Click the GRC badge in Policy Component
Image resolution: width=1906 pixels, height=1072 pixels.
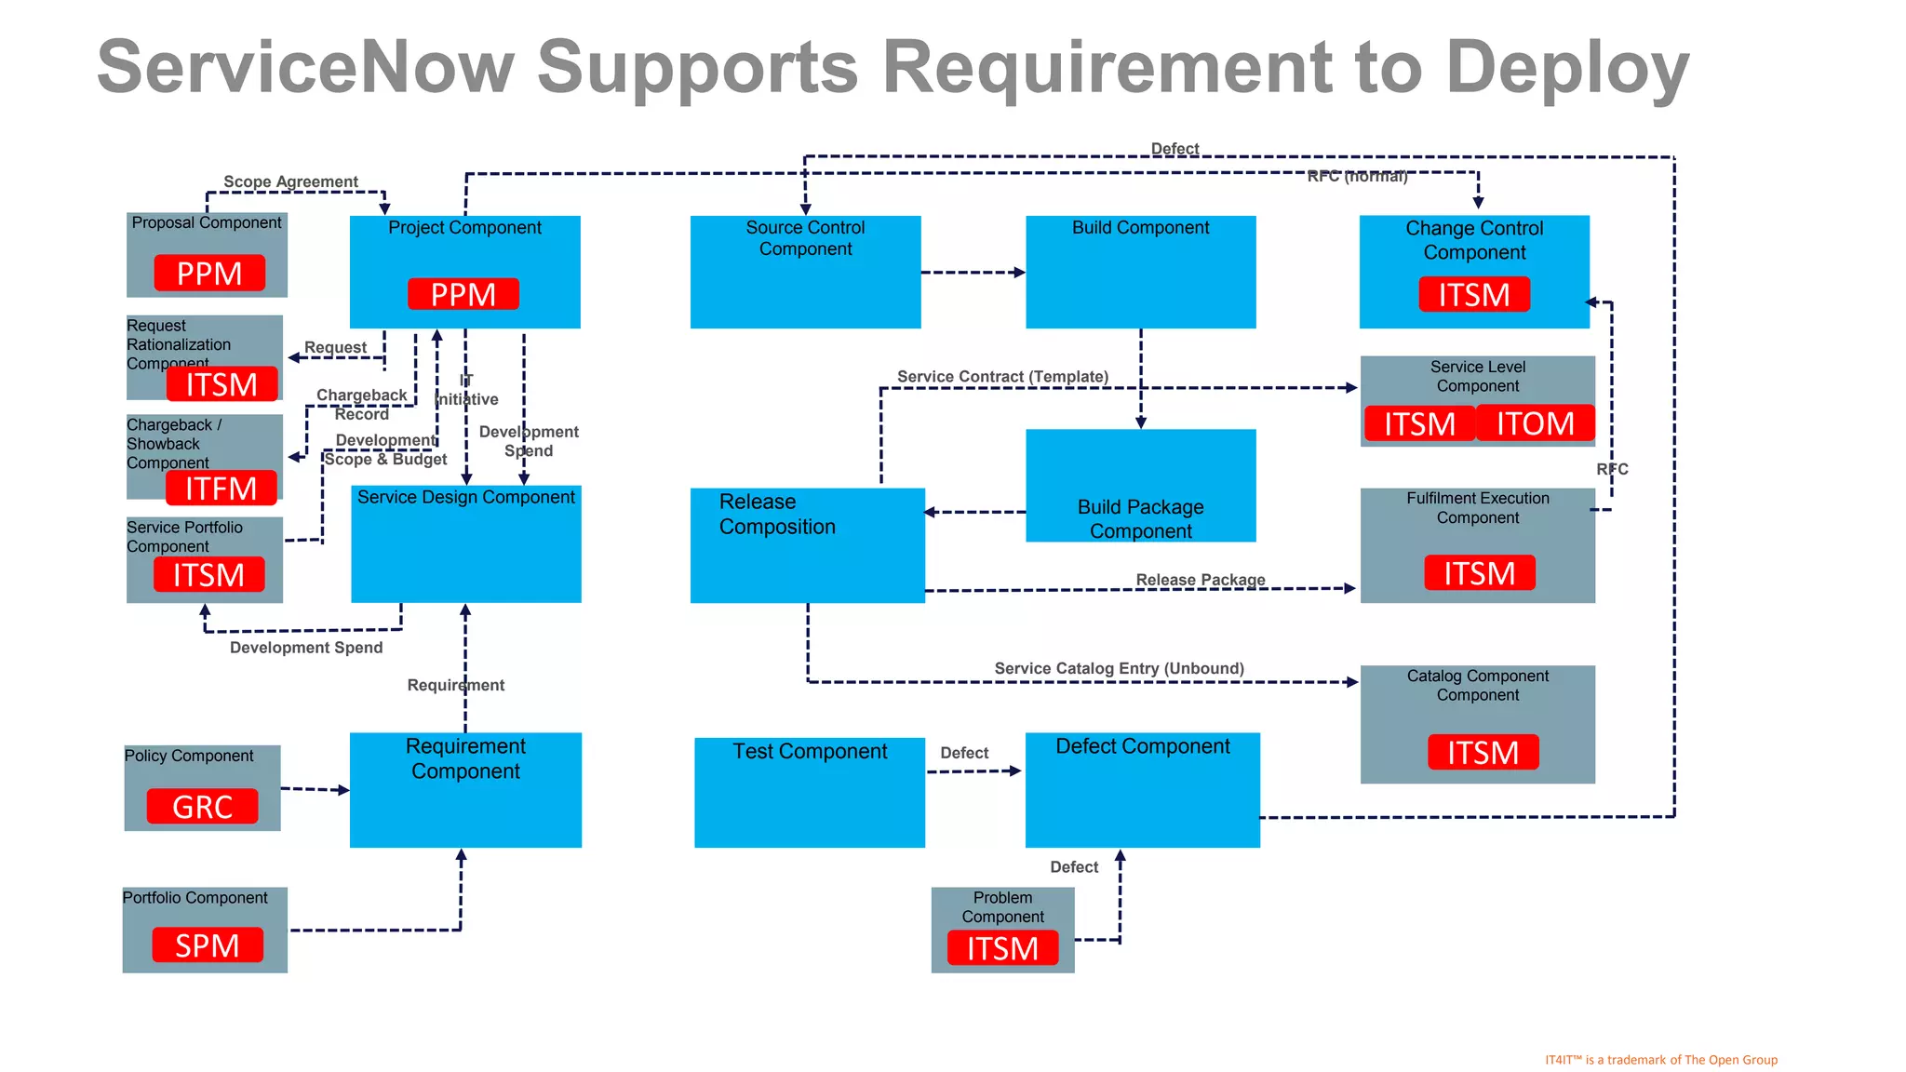202,806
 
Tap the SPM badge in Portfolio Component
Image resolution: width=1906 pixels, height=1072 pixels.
208,945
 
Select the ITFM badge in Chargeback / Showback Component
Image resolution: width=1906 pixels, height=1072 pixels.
221,488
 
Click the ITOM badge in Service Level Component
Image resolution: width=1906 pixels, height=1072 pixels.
1535,423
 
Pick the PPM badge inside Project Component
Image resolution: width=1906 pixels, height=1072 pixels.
463,294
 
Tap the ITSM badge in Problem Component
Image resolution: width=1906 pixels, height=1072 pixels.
1002,948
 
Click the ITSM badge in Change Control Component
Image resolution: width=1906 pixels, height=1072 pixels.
1474,294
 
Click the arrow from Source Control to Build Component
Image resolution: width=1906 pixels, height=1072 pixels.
973,273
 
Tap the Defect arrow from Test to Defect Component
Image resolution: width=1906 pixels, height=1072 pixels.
973,771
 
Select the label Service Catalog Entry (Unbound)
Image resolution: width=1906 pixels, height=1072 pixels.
1119,668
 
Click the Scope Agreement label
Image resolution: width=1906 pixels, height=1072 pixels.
290,181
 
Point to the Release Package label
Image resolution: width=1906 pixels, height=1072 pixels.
1200,580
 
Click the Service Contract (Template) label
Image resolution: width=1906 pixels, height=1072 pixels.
1002,376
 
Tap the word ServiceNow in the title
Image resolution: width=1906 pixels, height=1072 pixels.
305,67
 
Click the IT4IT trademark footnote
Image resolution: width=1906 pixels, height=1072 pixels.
1660,1060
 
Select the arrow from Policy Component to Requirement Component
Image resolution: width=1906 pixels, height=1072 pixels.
315,789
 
